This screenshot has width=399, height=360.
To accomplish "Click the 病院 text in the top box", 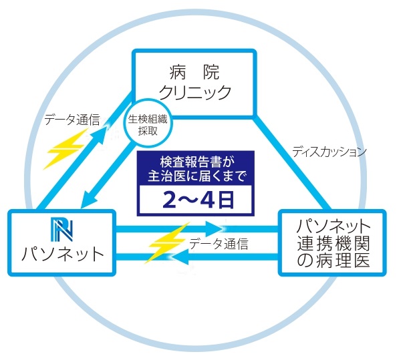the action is click(x=194, y=72).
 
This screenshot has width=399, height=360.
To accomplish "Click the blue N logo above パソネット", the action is click(x=62, y=230).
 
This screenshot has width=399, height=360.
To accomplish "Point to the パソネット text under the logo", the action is click(x=62, y=254).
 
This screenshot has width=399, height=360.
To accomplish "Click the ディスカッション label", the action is click(x=329, y=152).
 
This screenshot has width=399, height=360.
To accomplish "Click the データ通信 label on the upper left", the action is click(x=72, y=120).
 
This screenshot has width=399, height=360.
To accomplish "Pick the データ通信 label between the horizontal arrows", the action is click(x=219, y=244).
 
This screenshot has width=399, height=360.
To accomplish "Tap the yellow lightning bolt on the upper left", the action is click(x=66, y=149).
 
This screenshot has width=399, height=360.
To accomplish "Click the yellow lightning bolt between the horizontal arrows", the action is click(x=168, y=243).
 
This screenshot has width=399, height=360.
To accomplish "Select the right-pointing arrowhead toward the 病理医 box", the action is click(x=216, y=228).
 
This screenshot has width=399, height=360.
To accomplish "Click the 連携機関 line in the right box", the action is click(x=333, y=244).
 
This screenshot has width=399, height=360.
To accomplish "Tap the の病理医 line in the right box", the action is click(x=333, y=260).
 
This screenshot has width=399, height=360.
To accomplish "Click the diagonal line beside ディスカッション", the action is click(x=291, y=164).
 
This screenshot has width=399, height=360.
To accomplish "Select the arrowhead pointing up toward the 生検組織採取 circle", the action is click(x=101, y=133).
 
